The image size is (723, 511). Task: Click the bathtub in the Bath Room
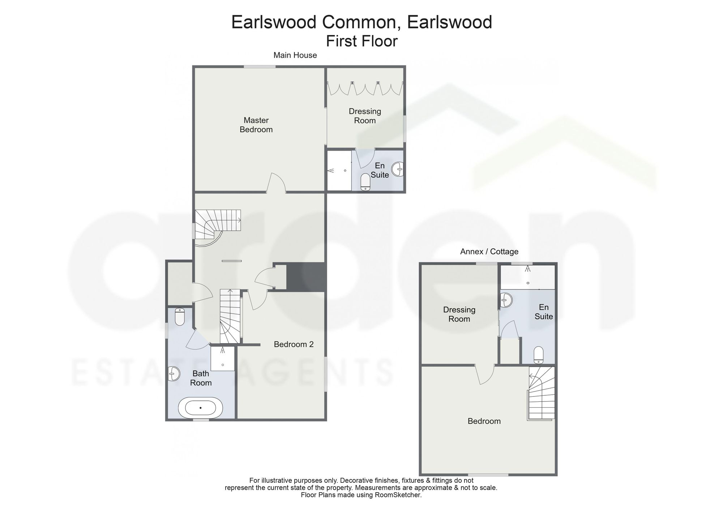[x=200, y=408]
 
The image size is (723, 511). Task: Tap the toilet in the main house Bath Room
[x=180, y=317]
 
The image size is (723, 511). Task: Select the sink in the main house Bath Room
[x=174, y=374]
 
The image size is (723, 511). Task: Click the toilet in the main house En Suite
[x=365, y=182]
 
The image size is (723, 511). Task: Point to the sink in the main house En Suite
[x=398, y=169]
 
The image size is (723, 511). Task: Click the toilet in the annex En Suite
[x=539, y=355]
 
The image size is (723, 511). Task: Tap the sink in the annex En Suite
[x=506, y=300]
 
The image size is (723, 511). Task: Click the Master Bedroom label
[x=256, y=125]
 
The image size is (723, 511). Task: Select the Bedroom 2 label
[x=294, y=344]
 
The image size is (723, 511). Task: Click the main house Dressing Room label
[x=365, y=116]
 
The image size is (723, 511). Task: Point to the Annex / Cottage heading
[x=489, y=252]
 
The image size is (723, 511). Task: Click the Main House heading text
[x=295, y=55]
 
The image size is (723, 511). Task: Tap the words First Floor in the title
[x=361, y=41]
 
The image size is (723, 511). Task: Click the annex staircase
[x=541, y=393]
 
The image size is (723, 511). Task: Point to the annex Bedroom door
[x=484, y=375]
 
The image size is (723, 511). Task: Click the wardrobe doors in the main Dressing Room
[x=365, y=89]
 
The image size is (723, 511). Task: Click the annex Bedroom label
[x=484, y=421]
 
